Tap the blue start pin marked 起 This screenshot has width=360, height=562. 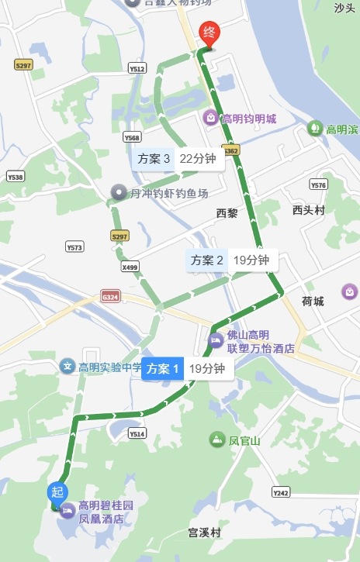[57, 491]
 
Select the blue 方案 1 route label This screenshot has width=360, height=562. [163, 369]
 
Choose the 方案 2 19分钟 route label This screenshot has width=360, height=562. [230, 260]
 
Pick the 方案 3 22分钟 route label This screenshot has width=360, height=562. [175, 159]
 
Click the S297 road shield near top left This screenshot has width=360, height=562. [23, 65]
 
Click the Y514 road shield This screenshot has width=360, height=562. [137, 434]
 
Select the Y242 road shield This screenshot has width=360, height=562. [281, 492]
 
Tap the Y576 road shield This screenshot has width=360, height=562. [319, 184]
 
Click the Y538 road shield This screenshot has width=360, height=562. [16, 177]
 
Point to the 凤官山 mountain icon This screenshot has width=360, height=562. [216, 440]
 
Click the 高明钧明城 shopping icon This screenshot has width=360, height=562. [210, 119]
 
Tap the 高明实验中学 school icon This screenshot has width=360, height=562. [67, 367]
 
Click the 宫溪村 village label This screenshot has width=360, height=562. [205, 533]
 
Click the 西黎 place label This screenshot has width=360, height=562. [227, 212]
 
